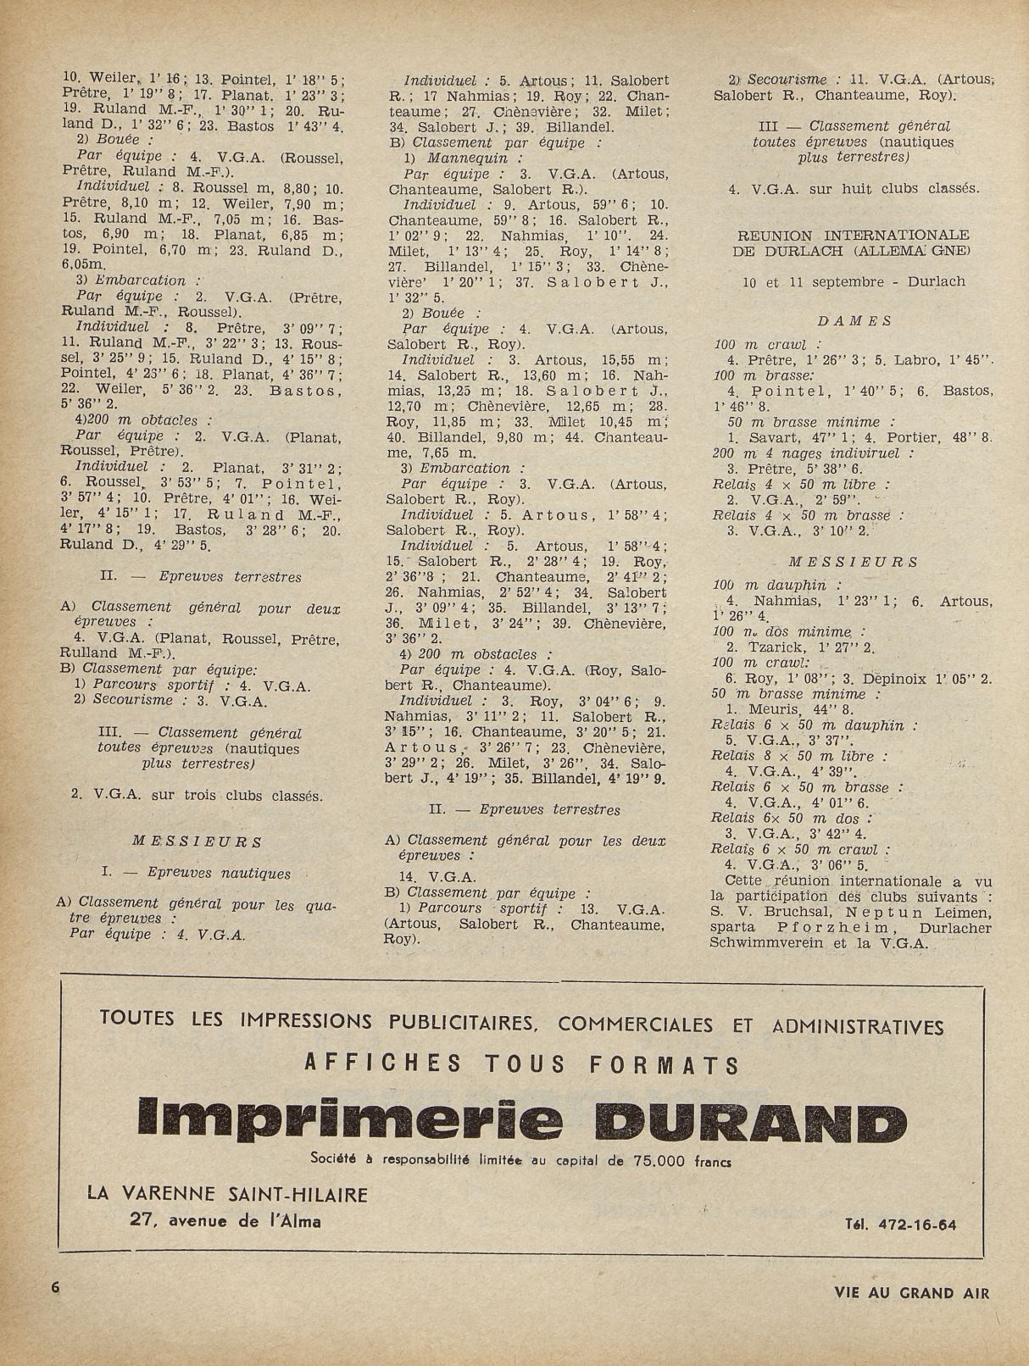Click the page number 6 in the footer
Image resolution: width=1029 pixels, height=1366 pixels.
point(56,1286)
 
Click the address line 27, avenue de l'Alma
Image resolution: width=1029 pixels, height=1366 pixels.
point(225,1220)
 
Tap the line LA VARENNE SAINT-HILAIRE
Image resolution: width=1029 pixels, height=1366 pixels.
point(228,1195)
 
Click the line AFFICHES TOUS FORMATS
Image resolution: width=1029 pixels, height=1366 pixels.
point(521,1063)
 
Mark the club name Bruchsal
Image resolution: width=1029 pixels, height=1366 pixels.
point(788,912)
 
